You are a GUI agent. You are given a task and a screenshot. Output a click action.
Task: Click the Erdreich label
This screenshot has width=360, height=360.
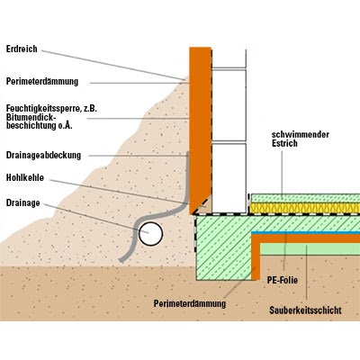[22, 49]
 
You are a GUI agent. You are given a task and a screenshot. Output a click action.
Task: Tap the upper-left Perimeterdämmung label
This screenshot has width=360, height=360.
[42, 82]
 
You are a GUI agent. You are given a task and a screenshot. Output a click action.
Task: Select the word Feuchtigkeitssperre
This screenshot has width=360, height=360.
[43, 108]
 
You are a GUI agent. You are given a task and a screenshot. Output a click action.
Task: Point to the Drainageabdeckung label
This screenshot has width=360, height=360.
[43, 156]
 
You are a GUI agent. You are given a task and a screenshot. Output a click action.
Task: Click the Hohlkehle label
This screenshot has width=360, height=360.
[25, 177]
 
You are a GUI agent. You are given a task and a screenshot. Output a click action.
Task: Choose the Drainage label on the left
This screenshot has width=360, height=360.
[22, 203]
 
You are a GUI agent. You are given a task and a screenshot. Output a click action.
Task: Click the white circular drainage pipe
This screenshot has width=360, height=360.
[150, 234]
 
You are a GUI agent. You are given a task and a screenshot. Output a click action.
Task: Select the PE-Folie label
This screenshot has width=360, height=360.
[283, 280]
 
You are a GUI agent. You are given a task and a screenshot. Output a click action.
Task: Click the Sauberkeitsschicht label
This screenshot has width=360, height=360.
[305, 310]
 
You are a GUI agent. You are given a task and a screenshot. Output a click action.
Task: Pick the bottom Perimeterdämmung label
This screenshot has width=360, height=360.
[190, 303]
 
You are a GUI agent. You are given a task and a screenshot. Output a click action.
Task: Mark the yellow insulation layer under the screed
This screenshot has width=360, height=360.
[305, 208]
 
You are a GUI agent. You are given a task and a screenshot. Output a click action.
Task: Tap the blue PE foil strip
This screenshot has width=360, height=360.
[305, 232]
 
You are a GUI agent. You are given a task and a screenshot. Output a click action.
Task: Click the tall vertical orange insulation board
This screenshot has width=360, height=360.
[200, 130]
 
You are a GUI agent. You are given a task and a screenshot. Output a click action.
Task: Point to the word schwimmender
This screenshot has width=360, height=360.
[301, 134]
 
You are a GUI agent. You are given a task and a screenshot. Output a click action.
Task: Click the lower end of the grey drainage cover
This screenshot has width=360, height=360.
[121, 260]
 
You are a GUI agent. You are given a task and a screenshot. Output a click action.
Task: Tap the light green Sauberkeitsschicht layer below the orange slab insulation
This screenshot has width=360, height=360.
[310, 248]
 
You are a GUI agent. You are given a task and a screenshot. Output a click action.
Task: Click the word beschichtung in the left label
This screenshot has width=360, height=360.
[31, 125]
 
